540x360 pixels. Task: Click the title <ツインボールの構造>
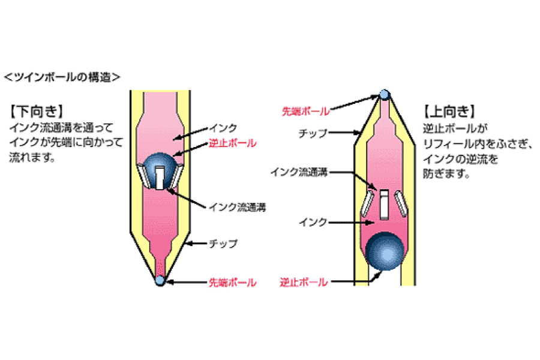(62, 77)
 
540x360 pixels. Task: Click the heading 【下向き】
(37, 111)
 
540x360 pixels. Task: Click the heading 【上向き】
(449, 111)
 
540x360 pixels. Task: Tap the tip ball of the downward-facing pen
(160, 280)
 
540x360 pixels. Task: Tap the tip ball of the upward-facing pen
(385, 95)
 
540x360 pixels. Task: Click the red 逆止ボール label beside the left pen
(232, 143)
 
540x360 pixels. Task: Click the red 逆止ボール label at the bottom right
(304, 283)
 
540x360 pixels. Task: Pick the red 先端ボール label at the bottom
(232, 283)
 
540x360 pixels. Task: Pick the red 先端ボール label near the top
(306, 111)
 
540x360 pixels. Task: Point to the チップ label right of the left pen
(223, 244)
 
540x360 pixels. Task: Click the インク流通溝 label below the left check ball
(237, 208)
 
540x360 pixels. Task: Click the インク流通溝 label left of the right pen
(299, 172)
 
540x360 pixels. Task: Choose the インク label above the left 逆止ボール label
(223, 128)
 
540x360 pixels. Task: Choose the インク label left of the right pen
(313, 222)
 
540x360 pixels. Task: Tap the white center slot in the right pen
(385, 204)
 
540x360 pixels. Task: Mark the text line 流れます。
(32, 157)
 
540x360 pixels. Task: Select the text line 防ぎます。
(446, 173)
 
